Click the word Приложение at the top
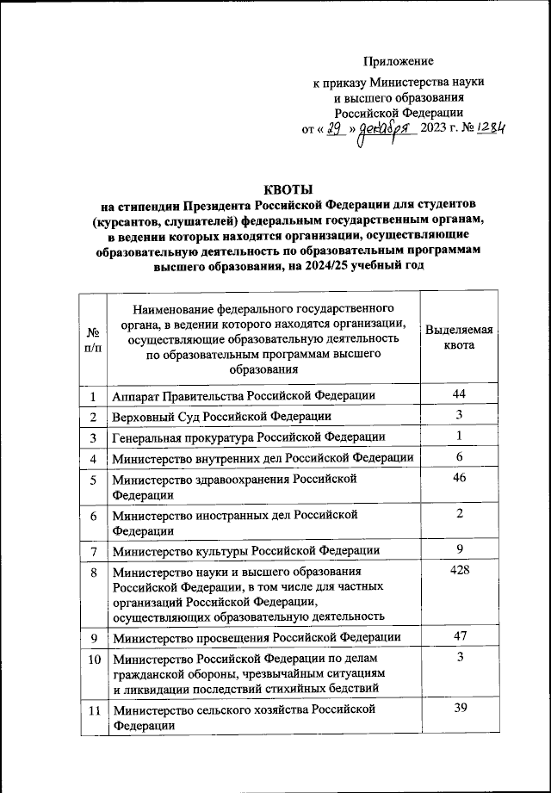tap(399, 60)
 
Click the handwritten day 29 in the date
tap(334, 130)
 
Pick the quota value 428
tap(460, 571)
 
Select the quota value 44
tap(460, 393)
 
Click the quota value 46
tap(460, 477)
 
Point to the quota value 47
tap(460, 635)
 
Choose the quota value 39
tap(460, 707)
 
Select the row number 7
tap(92, 550)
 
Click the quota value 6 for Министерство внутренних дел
tap(460, 456)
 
